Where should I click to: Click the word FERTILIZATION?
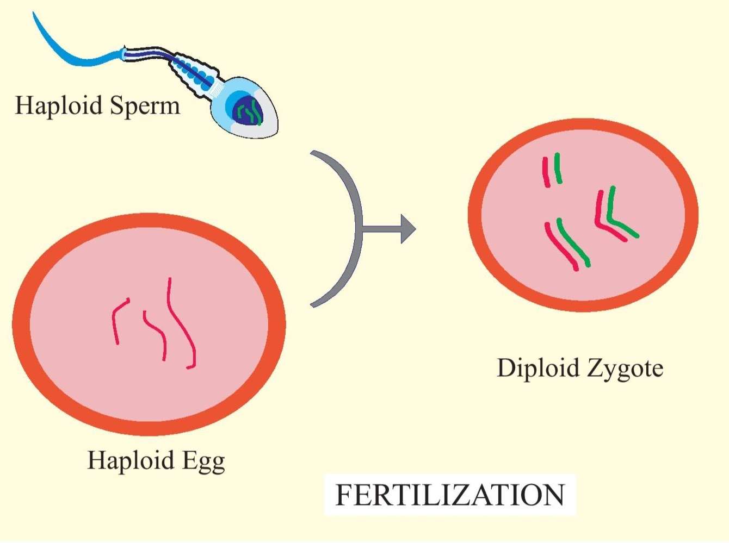tap(450, 495)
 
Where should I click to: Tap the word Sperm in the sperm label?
tap(145, 105)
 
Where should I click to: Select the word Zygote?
tap(625, 369)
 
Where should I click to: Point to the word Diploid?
tap(538, 368)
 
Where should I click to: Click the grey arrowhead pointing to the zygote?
tap(407, 229)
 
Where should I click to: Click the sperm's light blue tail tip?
tap(37, 19)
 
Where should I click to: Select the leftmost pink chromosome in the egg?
tap(118, 321)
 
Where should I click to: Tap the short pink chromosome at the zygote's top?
tap(546, 173)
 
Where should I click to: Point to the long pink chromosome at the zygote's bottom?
tap(561, 247)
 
